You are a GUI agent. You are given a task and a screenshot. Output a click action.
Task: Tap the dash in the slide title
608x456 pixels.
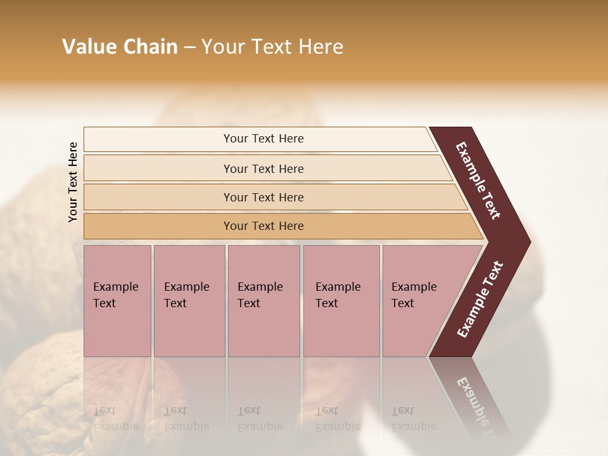(189, 47)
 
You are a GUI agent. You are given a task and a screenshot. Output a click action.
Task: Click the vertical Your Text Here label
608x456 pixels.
(73, 182)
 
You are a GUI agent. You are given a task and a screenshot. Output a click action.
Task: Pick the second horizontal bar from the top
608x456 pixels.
(263, 168)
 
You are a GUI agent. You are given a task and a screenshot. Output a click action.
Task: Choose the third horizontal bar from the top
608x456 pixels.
(263, 197)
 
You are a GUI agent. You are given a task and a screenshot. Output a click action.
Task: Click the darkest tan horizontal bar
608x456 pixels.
(263, 226)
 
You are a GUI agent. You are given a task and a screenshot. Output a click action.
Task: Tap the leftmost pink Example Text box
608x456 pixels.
(117, 301)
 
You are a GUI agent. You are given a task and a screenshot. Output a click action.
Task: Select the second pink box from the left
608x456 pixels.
(189, 301)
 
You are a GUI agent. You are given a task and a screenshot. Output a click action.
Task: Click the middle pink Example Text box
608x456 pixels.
(263, 301)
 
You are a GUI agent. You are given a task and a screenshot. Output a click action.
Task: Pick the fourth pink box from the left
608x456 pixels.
(341, 301)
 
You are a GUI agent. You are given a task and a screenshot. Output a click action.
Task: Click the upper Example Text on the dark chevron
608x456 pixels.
(478, 180)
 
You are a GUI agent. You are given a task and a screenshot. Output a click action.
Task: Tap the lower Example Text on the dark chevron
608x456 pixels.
(480, 299)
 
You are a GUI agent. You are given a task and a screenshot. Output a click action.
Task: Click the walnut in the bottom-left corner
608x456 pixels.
(38, 405)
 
